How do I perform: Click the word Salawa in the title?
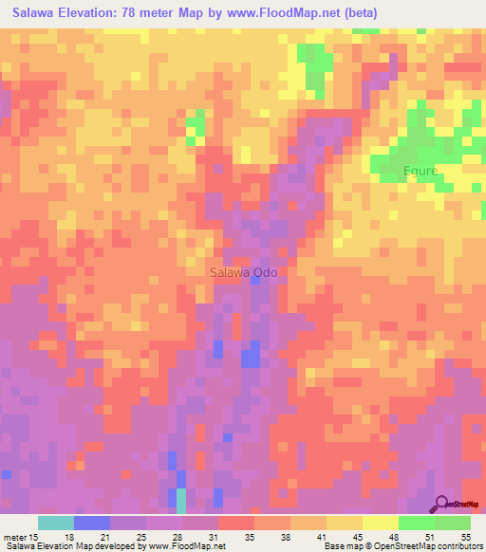37,13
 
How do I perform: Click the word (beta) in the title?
358,13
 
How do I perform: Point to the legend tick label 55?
465,536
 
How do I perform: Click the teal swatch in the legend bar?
56,523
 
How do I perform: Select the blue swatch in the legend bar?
92,523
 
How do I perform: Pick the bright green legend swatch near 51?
416,523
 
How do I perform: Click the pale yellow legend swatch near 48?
380,523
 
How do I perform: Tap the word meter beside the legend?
14,536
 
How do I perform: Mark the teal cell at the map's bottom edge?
180,502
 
